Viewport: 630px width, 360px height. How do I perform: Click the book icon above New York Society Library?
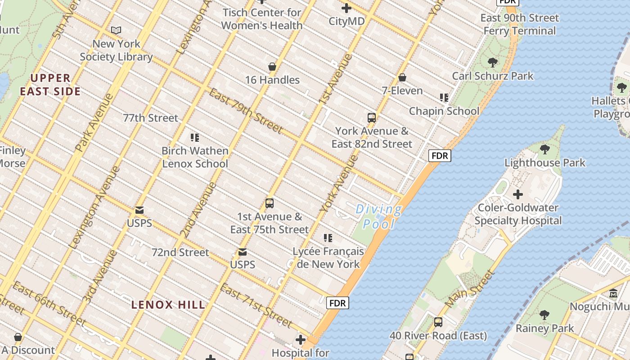tap(116, 31)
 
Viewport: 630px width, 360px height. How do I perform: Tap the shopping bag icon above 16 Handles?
tap(272, 67)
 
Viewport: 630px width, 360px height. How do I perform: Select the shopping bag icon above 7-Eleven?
tap(402, 77)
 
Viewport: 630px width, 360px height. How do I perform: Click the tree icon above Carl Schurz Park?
tap(493, 63)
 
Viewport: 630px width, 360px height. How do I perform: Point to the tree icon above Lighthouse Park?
tap(544, 149)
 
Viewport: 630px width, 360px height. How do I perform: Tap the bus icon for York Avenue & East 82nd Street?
tap(372, 118)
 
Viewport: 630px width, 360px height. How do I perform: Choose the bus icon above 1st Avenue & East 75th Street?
tap(270, 203)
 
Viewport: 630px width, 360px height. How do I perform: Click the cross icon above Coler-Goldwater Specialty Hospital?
tap(518, 194)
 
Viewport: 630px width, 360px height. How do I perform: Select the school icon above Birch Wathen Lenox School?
tap(195, 138)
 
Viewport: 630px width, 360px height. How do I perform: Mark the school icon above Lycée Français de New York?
tap(328, 238)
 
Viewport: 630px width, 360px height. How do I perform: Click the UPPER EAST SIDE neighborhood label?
tap(50, 85)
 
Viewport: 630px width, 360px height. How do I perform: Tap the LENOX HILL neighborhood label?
tap(168, 305)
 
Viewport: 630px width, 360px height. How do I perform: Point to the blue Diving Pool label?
tap(379, 216)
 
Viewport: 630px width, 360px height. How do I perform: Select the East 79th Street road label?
tap(246, 110)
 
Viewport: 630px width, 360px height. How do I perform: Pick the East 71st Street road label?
tap(256, 306)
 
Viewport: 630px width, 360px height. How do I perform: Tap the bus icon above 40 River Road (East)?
tap(438, 322)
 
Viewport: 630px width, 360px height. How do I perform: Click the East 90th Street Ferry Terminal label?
tap(520, 24)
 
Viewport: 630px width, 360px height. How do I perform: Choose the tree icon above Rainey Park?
tap(544, 315)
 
